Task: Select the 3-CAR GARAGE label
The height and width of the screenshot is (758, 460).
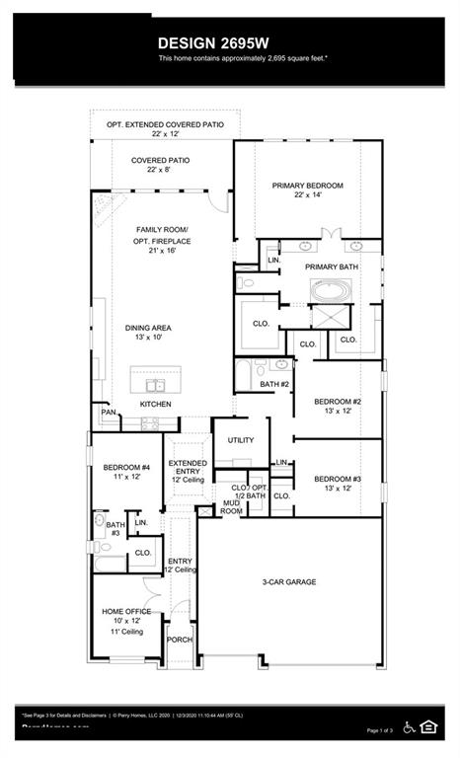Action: coord(288,582)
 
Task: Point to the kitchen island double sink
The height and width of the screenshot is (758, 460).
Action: coord(156,385)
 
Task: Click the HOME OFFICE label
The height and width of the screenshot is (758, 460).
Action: coord(126,612)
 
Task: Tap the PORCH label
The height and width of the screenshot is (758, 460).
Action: coord(179,640)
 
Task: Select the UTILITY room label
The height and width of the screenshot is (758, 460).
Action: coord(241,440)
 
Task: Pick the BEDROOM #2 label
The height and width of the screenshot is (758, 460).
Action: coord(338,402)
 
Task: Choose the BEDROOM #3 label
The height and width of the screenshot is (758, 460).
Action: coord(338,479)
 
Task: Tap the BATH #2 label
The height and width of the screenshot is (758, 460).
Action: coord(274,384)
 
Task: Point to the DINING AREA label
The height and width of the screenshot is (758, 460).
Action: coord(148,329)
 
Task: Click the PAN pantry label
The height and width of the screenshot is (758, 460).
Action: coord(107,412)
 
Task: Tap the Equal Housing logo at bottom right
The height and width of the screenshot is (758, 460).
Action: coord(428,727)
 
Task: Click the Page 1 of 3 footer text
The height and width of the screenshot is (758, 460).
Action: coord(380,730)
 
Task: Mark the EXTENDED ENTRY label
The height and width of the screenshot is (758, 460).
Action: coord(188,468)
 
